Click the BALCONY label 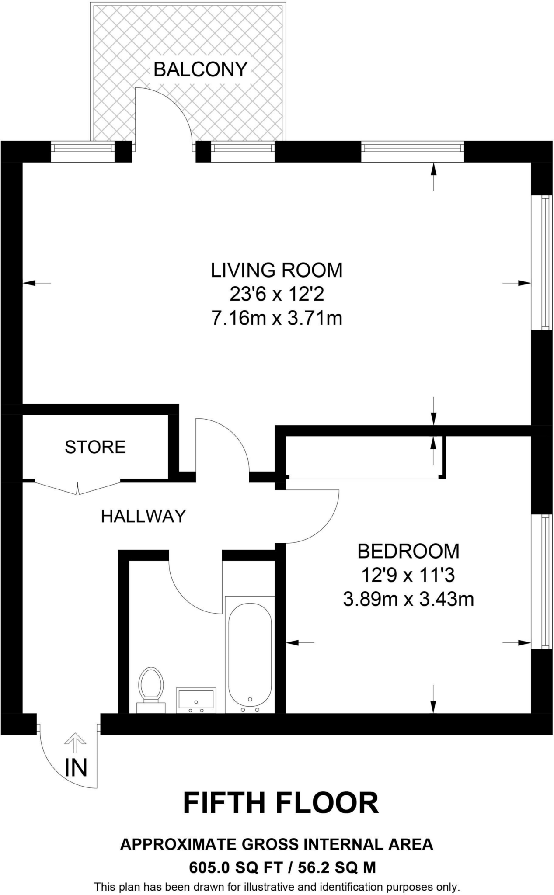[x=201, y=69]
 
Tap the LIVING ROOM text [x=277, y=270]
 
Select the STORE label [x=95, y=447]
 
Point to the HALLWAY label [x=143, y=516]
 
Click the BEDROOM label [x=408, y=551]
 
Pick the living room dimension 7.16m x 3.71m [x=277, y=319]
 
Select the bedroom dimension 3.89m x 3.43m [x=408, y=599]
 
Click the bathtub [x=250, y=655]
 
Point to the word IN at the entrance [x=76, y=767]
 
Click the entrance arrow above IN [x=75, y=743]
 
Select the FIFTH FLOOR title [x=281, y=803]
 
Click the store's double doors [x=78, y=487]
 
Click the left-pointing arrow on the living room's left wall [x=37, y=283]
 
